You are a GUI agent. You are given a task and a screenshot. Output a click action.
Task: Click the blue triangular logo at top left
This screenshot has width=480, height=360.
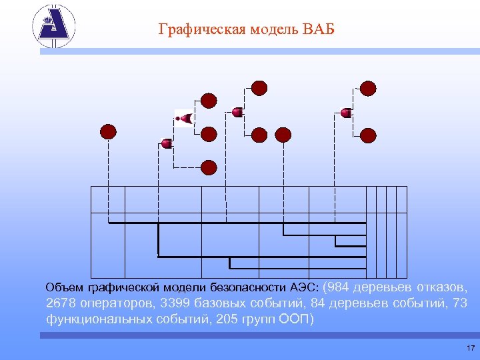point(54,26)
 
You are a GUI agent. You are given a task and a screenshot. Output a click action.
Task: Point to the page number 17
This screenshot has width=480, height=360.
point(471,348)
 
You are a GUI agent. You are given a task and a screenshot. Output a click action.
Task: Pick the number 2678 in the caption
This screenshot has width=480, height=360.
point(61,303)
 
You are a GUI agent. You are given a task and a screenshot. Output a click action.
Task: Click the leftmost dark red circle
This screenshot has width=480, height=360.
point(108,131)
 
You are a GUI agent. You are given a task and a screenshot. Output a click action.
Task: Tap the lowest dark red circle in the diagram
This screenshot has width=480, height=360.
point(209,167)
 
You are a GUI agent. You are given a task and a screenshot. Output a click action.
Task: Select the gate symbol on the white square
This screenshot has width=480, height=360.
point(183,119)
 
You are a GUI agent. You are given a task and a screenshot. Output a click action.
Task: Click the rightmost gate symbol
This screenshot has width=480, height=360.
point(346,113)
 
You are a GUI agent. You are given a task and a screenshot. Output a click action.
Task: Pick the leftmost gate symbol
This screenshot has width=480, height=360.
point(167,143)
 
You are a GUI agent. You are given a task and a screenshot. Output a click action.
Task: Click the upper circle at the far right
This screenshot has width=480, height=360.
point(368,88)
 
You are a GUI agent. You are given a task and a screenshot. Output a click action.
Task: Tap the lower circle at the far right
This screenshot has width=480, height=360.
point(368,135)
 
